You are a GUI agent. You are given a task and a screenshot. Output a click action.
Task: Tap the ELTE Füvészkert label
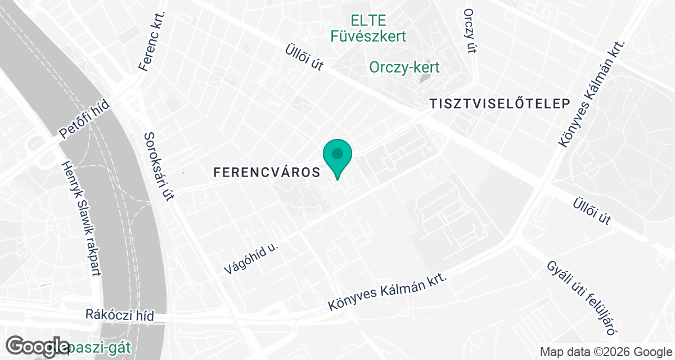(368, 29)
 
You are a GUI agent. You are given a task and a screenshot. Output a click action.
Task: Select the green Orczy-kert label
(404, 67)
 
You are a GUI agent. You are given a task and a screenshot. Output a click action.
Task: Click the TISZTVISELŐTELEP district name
(499, 103)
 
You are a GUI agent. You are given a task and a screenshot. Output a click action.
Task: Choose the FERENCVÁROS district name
(267, 173)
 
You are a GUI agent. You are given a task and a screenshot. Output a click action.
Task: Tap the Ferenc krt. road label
(152, 42)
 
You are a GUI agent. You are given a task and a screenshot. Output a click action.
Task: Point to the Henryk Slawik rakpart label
(81, 219)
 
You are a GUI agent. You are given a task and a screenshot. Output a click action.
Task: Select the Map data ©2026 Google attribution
(605, 352)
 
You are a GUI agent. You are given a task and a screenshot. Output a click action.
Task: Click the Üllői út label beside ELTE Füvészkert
(304, 57)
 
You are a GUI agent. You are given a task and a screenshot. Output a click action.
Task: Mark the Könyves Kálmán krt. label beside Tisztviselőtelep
(592, 94)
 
